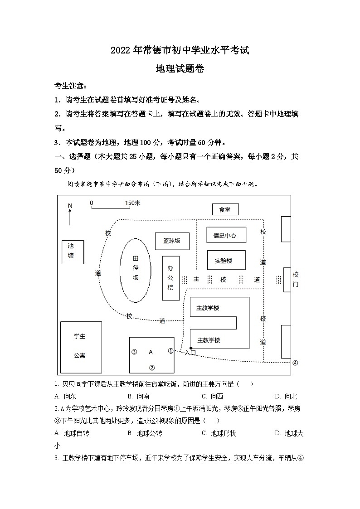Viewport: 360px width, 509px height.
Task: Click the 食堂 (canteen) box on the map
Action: tap(225, 209)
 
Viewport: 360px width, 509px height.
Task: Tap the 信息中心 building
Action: tap(226, 235)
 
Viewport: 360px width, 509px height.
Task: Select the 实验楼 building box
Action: tap(226, 260)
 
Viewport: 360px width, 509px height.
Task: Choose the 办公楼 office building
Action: tap(170, 277)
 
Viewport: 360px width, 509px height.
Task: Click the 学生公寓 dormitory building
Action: tap(80, 347)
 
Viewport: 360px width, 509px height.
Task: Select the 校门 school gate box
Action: tap(287, 279)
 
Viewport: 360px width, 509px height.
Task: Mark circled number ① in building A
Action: tap(170, 351)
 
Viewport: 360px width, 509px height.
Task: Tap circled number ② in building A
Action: tap(152, 368)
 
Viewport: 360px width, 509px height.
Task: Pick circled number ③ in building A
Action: tap(134, 352)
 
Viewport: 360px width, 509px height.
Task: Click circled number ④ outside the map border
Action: tap(295, 363)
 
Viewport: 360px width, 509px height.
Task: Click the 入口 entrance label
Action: tap(190, 353)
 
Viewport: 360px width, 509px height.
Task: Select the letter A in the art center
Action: tap(151, 352)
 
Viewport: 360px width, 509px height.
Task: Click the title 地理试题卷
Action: tap(180, 69)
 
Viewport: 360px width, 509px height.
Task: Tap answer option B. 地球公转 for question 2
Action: tap(145, 433)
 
